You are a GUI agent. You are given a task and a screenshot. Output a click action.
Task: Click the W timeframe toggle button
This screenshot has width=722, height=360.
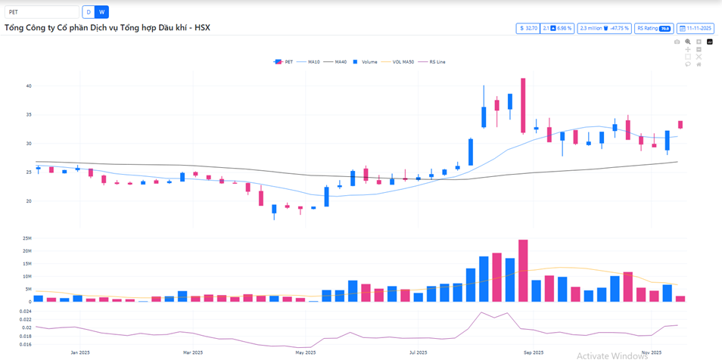[x=102, y=12]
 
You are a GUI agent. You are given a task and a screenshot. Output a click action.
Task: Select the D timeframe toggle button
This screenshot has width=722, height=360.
[x=89, y=12]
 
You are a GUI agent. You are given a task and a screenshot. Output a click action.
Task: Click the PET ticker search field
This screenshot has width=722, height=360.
[x=42, y=12]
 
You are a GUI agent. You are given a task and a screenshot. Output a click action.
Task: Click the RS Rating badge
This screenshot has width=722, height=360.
[x=654, y=28]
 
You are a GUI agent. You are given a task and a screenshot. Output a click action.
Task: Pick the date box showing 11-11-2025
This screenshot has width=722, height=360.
[x=696, y=28]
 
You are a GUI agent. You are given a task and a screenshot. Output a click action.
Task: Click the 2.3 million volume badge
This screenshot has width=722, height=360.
[x=604, y=28]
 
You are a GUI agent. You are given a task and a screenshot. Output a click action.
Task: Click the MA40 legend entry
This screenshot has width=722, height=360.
[x=337, y=61]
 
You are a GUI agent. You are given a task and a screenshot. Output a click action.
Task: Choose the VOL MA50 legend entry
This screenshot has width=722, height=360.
[x=400, y=61]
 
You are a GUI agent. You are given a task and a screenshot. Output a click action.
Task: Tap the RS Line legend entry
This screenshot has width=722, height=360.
[x=436, y=61]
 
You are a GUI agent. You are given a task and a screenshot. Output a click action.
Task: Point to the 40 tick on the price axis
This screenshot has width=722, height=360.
[x=28, y=86]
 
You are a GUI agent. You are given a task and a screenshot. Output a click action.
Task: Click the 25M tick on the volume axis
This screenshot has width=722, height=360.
[x=26, y=238]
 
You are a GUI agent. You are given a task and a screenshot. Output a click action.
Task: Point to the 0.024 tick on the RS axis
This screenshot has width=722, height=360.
[x=25, y=312]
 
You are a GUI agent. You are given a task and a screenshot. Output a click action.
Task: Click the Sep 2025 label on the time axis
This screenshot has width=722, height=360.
[x=533, y=352]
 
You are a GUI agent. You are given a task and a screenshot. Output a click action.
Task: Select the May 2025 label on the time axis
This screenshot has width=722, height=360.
[x=305, y=352]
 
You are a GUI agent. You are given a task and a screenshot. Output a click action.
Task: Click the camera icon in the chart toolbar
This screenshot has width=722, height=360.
[x=677, y=42]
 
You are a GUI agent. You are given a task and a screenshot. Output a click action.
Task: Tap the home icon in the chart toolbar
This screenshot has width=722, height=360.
[x=699, y=64]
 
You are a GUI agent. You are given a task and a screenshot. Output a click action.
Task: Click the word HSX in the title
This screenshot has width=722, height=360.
[x=202, y=28]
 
